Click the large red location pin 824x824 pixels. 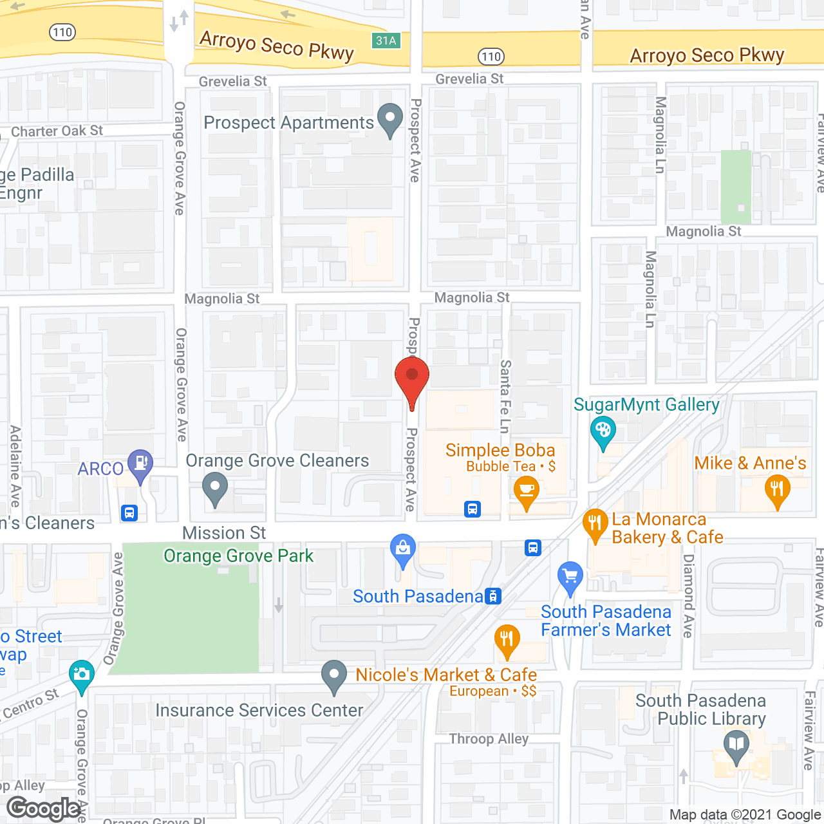[412, 379]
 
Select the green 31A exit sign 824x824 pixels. [386, 41]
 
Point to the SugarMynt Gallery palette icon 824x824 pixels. [603, 431]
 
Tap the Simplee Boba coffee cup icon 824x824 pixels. [527, 491]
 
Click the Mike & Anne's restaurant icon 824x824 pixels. [777, 490]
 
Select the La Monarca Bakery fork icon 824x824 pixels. [595, 524]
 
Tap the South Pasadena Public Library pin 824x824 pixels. [736, 745]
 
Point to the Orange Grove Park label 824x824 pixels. [238, 556]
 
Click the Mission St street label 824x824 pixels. [224, 533]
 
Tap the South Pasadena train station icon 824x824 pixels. [493, 596]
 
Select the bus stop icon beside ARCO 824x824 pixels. [129, 513]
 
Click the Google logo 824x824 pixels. [44, 809]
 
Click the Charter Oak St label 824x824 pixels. [57, 131]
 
